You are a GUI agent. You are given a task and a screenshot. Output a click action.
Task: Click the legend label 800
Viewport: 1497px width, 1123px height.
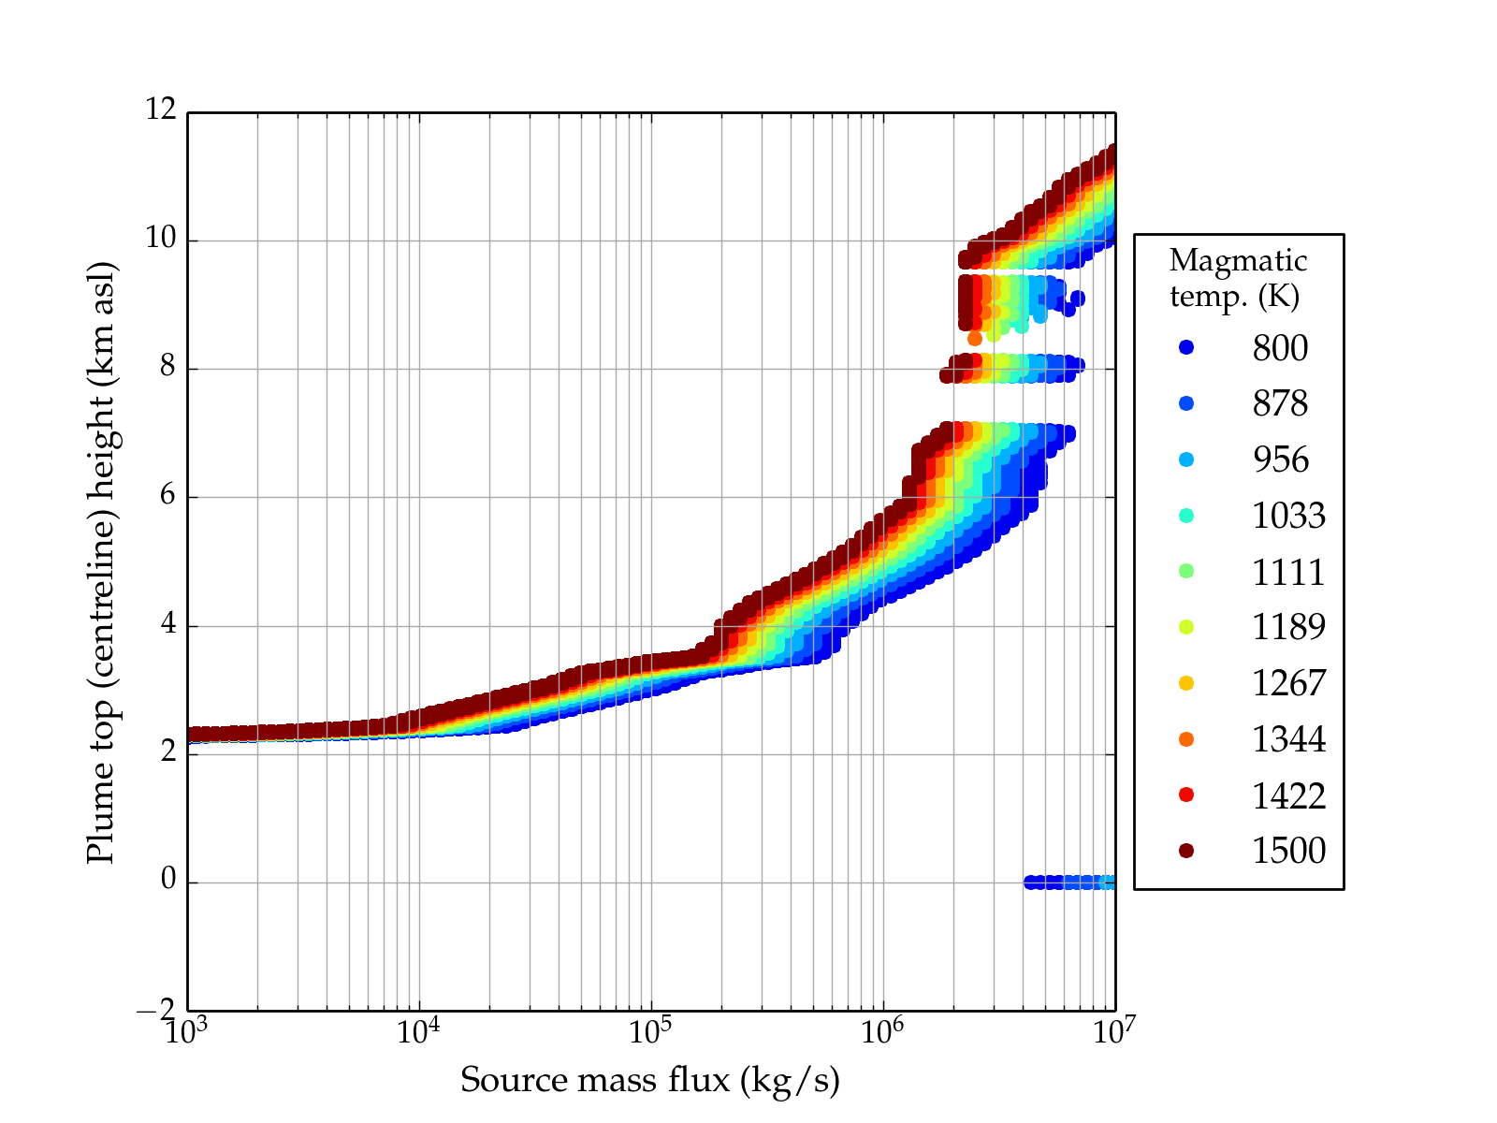tap(1280, 348)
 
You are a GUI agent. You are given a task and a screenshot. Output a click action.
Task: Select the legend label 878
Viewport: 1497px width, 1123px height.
tap(1280, 403)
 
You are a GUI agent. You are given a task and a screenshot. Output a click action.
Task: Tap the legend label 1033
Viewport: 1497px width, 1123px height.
tap(1288, 516)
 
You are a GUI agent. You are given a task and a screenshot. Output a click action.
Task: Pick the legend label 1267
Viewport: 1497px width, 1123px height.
tap(1288, 683)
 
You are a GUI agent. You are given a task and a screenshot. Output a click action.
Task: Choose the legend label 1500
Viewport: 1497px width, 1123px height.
tap(1288, 851)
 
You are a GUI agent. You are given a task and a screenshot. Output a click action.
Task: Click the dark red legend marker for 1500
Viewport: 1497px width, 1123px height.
tap(1186, 851)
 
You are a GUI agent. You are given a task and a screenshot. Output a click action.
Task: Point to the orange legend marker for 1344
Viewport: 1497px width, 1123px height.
tap(1186, 739)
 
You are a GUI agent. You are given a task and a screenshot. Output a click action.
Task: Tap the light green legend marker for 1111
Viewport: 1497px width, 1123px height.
tap(1186, 572)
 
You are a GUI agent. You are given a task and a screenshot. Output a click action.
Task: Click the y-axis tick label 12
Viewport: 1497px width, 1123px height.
tap(160, 110)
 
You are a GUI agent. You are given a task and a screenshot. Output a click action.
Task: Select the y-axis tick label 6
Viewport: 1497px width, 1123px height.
tap(167, 495)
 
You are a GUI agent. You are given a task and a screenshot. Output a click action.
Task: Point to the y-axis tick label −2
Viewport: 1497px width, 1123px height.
tap(155, 1010)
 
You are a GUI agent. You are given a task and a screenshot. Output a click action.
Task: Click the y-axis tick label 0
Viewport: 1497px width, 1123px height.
tap(167, 880)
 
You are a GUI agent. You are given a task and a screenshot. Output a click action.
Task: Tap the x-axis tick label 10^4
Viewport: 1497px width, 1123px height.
tap(418, 1031)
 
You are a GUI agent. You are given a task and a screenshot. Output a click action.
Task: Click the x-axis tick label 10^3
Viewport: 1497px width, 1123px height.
tap(187, 1031)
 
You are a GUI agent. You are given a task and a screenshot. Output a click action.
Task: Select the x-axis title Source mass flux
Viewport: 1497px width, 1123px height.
tap(649, 1081)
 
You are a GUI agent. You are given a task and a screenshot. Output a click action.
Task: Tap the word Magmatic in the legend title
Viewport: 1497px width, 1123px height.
tap(1238, 260)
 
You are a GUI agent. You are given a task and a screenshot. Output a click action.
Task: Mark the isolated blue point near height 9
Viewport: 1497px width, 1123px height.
tap(1078, 299)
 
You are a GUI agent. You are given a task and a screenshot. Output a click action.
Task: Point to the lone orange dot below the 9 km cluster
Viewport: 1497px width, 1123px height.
tap(975, 339)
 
